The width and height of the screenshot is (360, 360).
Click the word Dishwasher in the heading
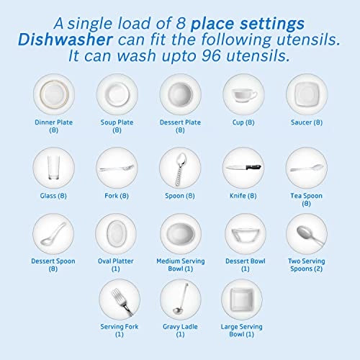pos(66,40)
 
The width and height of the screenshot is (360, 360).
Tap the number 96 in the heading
pos(211,55)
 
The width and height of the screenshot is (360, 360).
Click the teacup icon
pos(244,95)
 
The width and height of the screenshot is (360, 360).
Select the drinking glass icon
pos(53,168)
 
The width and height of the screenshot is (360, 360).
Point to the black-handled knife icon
pos(243,167)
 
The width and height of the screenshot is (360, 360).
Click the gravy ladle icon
pos(181,298)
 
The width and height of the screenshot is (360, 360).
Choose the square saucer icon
pos(307,94)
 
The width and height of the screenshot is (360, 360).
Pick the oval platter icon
pos(116,233)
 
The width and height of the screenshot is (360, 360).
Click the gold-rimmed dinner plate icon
pos(54,94)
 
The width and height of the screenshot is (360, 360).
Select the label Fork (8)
pos(117,196)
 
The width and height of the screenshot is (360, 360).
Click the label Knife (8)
pos(243,196)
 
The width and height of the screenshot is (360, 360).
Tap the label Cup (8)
pos(243,122)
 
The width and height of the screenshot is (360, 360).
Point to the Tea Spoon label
pos(306,199)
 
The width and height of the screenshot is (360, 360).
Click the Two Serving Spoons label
pos(307,265)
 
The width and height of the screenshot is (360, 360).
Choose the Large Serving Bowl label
pos(242,330)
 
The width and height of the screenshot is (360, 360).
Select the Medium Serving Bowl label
pos(181,265)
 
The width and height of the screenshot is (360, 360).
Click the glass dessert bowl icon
pos(246,235)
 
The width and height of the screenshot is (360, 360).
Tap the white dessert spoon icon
pos(53,234)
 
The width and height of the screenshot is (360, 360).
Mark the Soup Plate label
pos(117,126)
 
